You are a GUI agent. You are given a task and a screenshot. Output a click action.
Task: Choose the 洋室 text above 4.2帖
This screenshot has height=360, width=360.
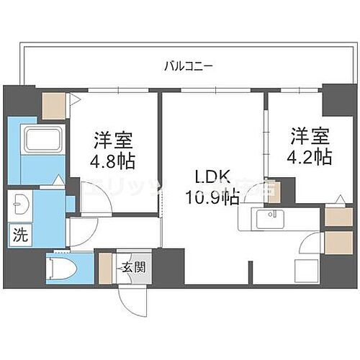tap(311, 135)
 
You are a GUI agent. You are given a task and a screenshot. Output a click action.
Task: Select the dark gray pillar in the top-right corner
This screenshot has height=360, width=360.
tap(333, 99)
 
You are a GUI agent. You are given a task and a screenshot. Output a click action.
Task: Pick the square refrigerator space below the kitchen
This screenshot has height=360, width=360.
tap(308, 270)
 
